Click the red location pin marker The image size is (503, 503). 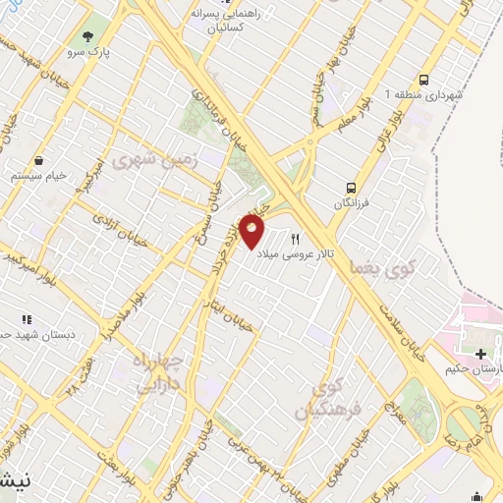(x=252, y=232)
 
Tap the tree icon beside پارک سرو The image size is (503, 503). (x=91, y=36)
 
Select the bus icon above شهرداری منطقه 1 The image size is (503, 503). (x=423, y=80)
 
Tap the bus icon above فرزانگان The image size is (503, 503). (x=351, y=187)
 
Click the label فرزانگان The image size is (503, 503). (x=351, y=202)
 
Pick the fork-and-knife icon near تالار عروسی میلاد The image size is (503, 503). (x=295, y=239)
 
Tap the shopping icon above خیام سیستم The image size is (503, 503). (x=37, y=160)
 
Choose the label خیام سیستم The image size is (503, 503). (x=38, y=175)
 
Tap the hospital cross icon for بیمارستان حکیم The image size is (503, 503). (x=479, y=354)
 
